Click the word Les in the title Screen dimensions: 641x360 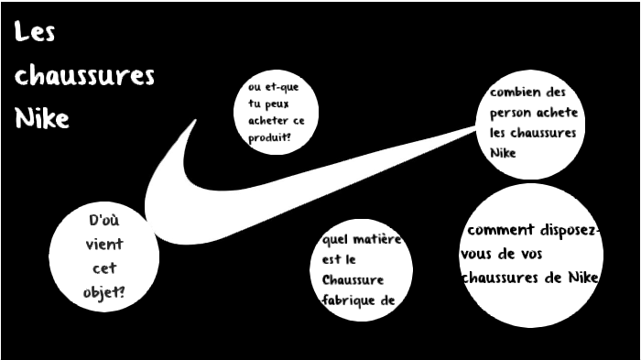[36, 34]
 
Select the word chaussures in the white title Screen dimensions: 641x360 [84, 76]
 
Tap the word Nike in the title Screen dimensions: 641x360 [42, 118]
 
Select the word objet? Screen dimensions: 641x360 [108, 292]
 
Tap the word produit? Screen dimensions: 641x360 [269, 136]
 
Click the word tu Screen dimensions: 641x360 [255, 104]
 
